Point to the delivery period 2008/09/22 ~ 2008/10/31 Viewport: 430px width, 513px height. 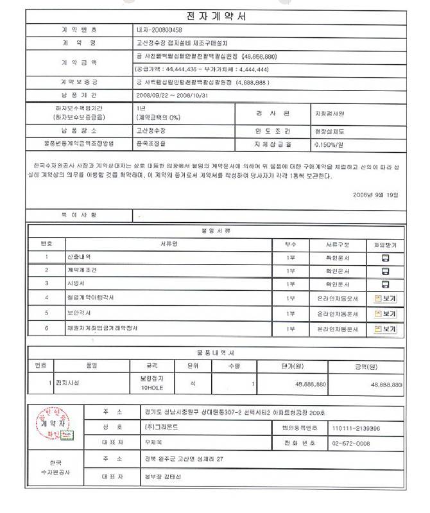click(x=173, y=94)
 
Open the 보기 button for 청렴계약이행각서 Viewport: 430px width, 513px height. click(x=385, y=299)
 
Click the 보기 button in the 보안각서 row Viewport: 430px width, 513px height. click(x=385, y=314)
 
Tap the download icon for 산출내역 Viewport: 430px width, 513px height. click(x=385, y=257)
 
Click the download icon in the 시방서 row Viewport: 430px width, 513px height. click(x=385, y=284)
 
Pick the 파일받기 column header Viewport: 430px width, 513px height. click(x=385, y=244)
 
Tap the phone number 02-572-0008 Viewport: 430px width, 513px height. click(x=350, y=443)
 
